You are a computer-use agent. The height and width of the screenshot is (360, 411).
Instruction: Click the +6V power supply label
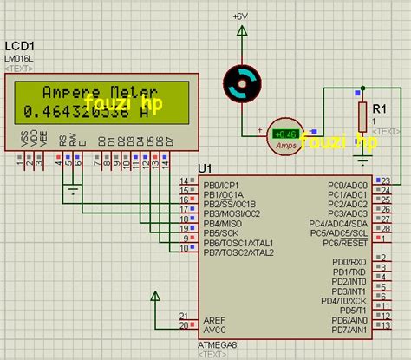(239, 16)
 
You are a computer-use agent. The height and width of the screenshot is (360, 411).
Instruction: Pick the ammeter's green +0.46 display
(284, 134)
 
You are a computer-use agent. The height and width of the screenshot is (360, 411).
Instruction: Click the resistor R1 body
(363, 115)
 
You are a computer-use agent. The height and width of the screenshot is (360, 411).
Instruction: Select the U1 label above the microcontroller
(205, 168)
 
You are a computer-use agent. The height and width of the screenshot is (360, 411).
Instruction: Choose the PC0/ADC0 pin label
(348, 186)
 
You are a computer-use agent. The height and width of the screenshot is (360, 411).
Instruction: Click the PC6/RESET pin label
(345, 244)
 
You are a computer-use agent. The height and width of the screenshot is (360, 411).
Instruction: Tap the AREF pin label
(214, 318)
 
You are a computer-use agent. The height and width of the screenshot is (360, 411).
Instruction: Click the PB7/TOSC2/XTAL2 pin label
(238, 252)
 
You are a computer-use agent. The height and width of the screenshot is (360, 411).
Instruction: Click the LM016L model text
(19, 57)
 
